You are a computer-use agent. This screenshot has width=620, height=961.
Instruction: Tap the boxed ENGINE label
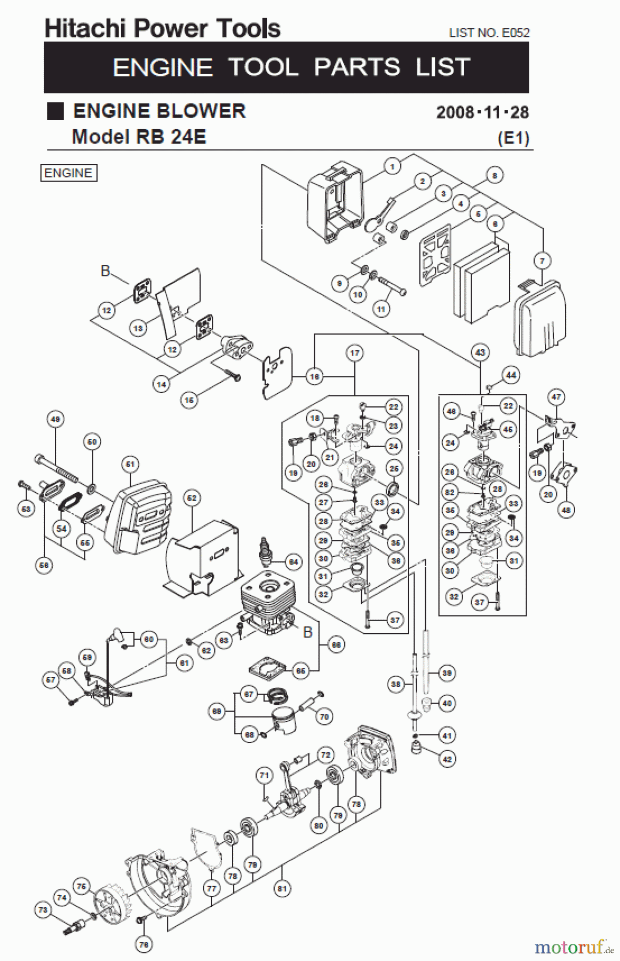tap(69, 173)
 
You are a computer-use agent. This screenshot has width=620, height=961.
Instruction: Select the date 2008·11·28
tap(482, 112)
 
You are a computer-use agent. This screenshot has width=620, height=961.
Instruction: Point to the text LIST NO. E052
tap(489, 33)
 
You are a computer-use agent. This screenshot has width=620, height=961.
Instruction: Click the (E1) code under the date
tap(513, 138)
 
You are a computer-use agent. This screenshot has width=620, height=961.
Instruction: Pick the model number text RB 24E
tap(171, 137)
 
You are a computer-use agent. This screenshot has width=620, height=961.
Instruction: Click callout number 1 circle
tap(392, 167)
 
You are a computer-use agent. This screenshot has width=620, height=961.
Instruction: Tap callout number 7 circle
tap(542, 261)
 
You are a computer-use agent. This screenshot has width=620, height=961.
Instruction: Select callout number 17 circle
tap(355, 353)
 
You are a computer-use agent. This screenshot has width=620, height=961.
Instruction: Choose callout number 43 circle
tap(480, 352)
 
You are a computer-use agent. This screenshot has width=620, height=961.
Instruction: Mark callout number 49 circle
tap(55, 420)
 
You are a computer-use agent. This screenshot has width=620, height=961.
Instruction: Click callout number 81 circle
tap(282, 888)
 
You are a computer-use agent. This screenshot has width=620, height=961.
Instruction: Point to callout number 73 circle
tap(43, 910)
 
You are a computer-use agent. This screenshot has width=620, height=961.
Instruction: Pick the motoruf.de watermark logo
tap(574, 947)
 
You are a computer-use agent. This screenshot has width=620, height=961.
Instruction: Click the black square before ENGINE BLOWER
tap(55, 111)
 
